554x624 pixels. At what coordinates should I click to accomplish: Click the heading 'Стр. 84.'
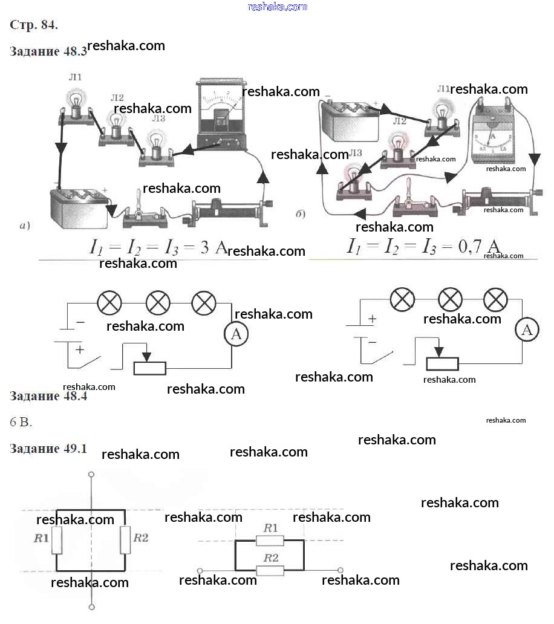click(34, 25)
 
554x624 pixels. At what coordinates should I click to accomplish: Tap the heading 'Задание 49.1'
click(49, 449)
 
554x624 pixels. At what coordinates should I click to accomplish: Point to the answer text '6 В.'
click(21, 422)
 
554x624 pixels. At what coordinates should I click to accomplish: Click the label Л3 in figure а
click(158, 119)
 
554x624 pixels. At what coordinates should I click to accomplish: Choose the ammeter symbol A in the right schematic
click(527, 330)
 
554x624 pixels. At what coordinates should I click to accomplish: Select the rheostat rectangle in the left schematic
click(149, 368)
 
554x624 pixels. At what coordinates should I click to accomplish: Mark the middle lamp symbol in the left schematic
click(158, 302)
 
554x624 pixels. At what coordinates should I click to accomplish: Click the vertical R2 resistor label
click(140, 538)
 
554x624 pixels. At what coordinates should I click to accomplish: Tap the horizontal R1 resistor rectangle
click(270, 541)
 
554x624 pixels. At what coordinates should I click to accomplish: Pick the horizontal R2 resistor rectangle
click(270, 570)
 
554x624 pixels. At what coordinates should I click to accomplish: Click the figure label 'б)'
click(301, 214)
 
